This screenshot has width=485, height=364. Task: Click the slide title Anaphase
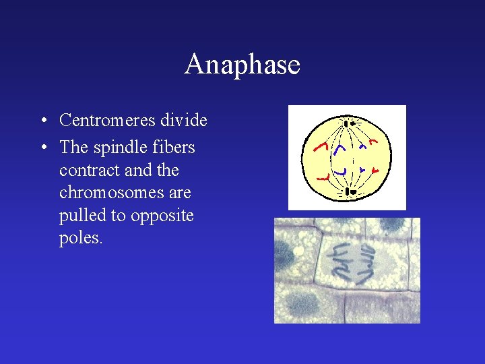click(242, 65)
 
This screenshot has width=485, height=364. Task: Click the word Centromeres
click(108, 121)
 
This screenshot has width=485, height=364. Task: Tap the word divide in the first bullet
click(183, 121)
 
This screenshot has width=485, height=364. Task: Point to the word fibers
click(173, 147)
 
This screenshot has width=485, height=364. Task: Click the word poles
click(81, 239)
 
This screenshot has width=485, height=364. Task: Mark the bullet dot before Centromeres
click(42, 121)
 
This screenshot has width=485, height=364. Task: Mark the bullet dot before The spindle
click(42, 148)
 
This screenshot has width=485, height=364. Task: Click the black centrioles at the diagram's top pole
click(348, 123)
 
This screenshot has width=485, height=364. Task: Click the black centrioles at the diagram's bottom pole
click(348, 193)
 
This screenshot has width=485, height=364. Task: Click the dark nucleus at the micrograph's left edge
click(284, 257)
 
